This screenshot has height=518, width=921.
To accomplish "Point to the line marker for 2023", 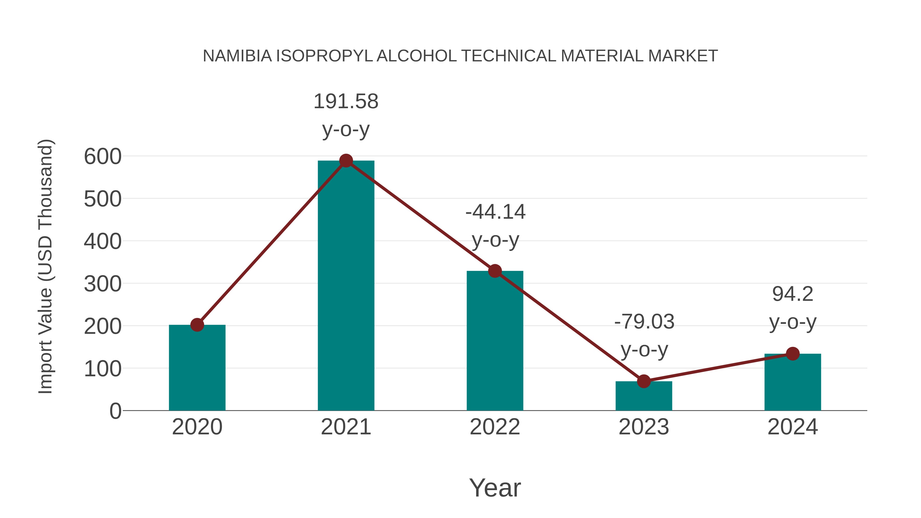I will click(644, 381).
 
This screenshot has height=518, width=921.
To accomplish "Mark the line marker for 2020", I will click(197, 325).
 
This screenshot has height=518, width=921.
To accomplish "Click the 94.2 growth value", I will click(792, 294).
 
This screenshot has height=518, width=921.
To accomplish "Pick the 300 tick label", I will click(103, 284).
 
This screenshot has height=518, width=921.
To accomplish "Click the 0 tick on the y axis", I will click(115, 411).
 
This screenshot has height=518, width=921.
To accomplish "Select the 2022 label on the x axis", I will click(495, 427).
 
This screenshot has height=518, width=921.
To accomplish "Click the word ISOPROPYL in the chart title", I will click(324, 56).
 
